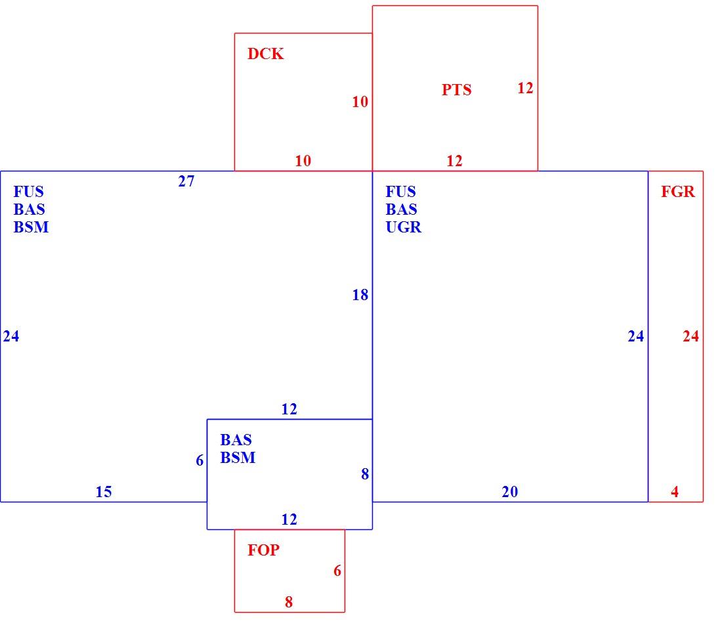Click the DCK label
click(265, 54)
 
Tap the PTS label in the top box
click(456, 89)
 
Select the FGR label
click(678, 192)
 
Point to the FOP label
click(263, 550)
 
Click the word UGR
click(404, 227)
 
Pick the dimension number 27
click(186, 181)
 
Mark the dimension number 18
click(360, 295)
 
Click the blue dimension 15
click(104, 492)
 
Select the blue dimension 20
click(510, 492)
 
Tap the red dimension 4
click(675, 492)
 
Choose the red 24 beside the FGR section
click(690, 336)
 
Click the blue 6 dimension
click(200, 460)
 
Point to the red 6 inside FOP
click(337, 571)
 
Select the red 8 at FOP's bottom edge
click(289, 602)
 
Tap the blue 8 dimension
click(365, 474)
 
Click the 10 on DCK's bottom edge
click(303, 162)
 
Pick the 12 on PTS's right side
click(525, 88)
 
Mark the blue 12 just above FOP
click(289, 520)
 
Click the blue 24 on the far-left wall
click(11, 336)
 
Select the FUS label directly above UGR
click(400, 192)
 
